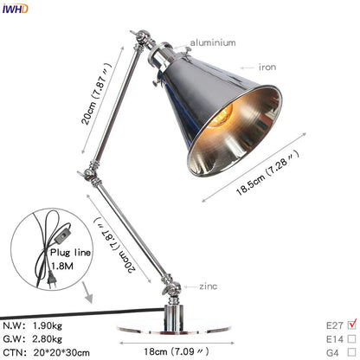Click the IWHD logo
point(15,9)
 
